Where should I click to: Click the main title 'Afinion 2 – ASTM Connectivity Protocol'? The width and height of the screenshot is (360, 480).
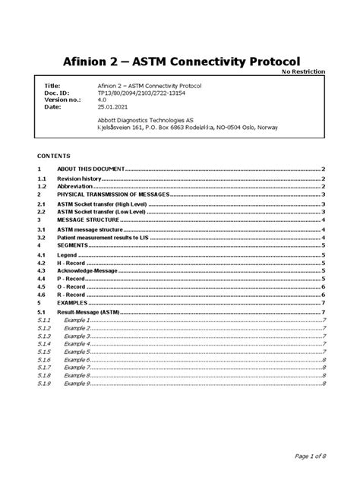(180, 60)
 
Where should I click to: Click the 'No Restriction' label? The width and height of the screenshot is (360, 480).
(304, 71)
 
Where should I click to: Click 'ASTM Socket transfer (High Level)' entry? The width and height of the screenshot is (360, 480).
(105, 205)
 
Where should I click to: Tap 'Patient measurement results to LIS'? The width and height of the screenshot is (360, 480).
(107, 237)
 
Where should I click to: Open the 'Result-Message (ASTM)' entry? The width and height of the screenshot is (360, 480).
(90, 312)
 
